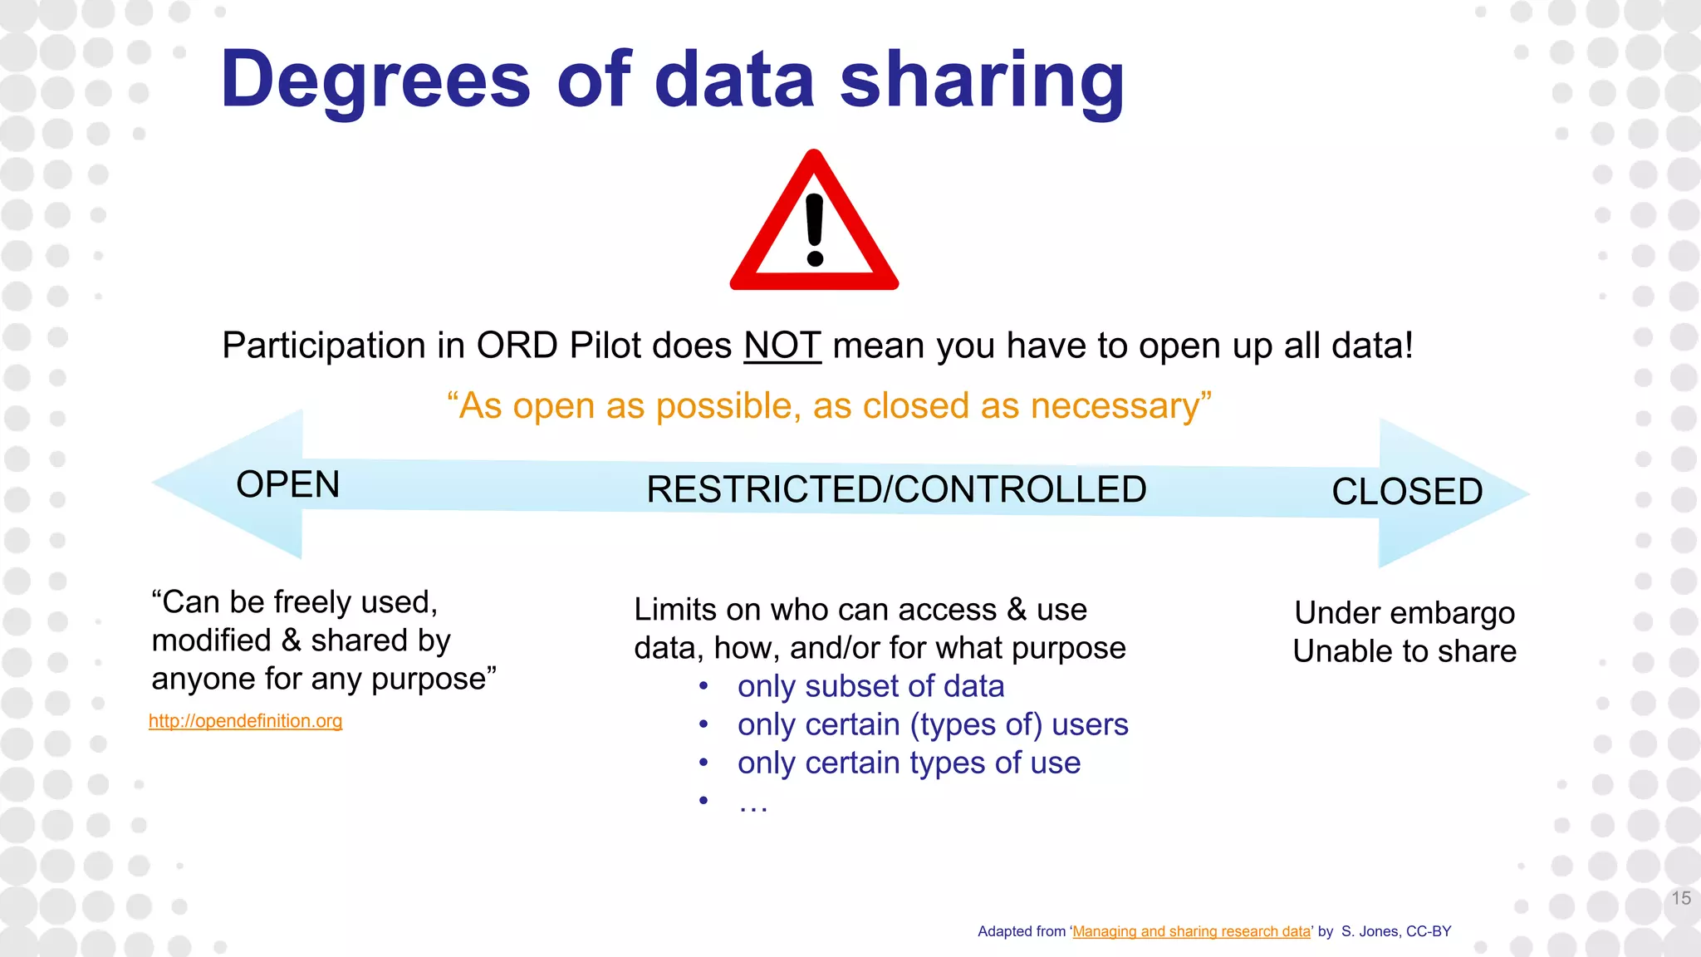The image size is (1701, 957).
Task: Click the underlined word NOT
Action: point(782,346)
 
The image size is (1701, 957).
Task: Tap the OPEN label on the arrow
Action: point(288,484)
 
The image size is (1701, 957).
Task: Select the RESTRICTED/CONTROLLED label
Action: point(896,489)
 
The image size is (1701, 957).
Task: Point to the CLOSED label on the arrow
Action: point(1407,492)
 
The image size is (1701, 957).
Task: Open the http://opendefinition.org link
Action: point(245,721)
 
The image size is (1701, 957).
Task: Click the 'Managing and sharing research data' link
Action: point(1191,931)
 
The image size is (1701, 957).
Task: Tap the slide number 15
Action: point(1681,898)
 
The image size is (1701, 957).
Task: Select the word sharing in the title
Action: point(982,80)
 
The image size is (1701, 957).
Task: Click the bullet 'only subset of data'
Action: point(870,686)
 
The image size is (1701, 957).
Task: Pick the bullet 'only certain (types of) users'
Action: point(932,724)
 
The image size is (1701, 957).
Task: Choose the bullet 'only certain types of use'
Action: point(909,763)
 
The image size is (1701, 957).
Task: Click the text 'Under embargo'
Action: point(1404,613)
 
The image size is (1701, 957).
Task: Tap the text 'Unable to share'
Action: point(1404,651)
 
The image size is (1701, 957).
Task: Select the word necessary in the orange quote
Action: point(1115,406)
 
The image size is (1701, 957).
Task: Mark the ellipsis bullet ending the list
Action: point(752,802)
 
